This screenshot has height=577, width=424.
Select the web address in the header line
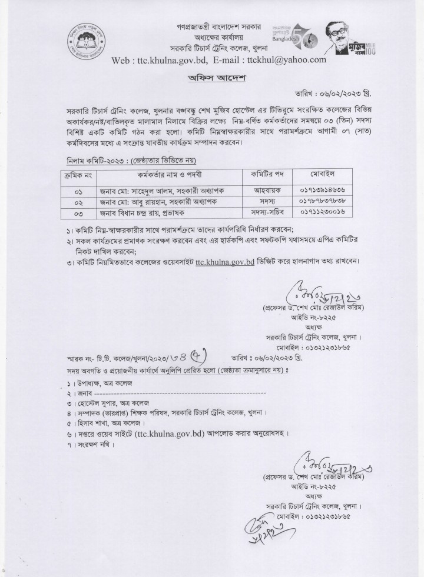(157, 60)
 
